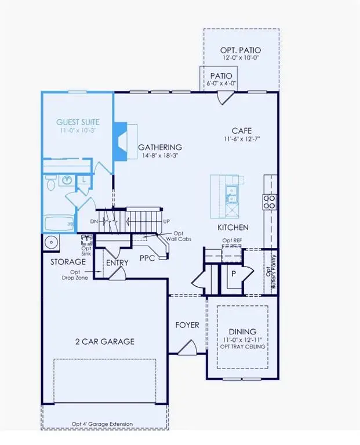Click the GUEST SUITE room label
(78, 122)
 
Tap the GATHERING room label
(160, 147)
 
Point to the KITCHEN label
(233, 228)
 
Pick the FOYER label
(187, 325)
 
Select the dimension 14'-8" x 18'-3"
(160, 156)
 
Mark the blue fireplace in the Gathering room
(119, 141)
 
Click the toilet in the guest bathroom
(51, 184)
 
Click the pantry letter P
(232, 274)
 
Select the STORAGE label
(68, 262)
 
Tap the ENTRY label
(117, 262)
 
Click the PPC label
(147, 258)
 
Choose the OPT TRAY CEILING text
(243, 346)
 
